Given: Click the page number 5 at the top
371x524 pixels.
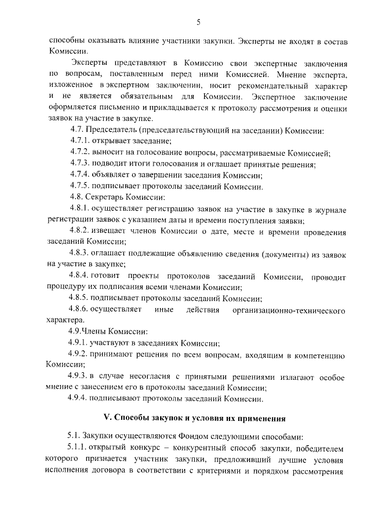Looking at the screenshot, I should tap(198, 23).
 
